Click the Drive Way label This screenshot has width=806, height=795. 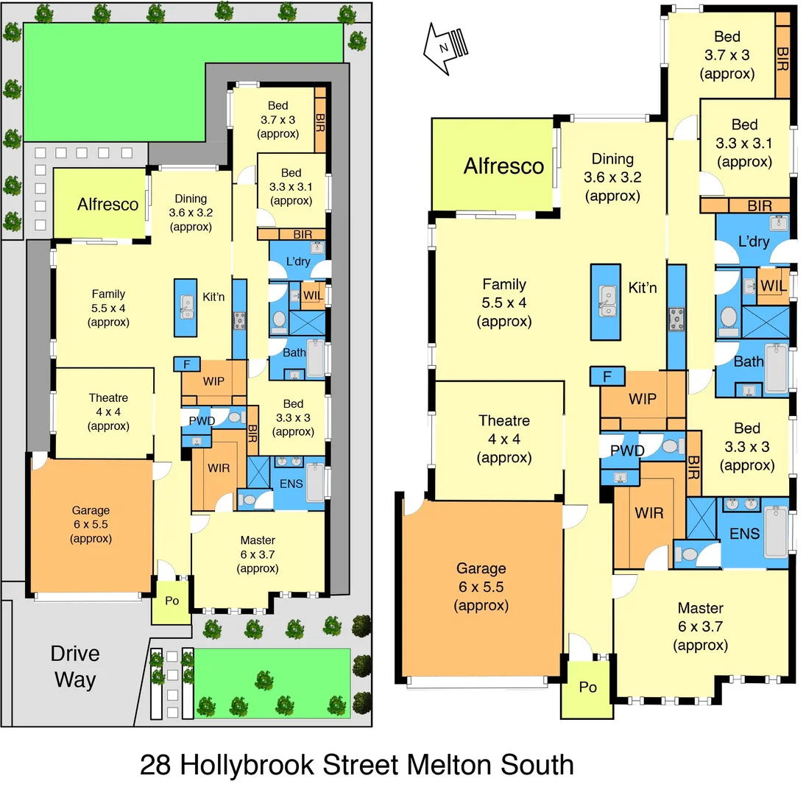click(x=74, y=666)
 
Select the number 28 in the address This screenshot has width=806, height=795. click(x=156, y=764)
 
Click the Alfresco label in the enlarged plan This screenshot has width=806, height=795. click(x=503, y=166)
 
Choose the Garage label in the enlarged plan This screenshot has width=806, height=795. click(x=481, y=568)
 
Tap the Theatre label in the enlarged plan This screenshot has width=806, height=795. click(x=504, y=421)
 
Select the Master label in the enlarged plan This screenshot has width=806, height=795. click(x=700, y=609)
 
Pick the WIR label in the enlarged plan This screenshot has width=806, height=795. click(x=649, y=512)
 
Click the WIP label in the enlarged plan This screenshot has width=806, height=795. click(x=643, y=398)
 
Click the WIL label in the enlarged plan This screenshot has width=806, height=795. click(x=772, y=285)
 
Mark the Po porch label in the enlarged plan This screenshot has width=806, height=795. click(x=587, y=687)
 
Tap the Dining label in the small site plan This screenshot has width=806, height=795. click(x=191, y=199)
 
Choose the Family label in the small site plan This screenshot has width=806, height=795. click(x=108, y=294)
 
